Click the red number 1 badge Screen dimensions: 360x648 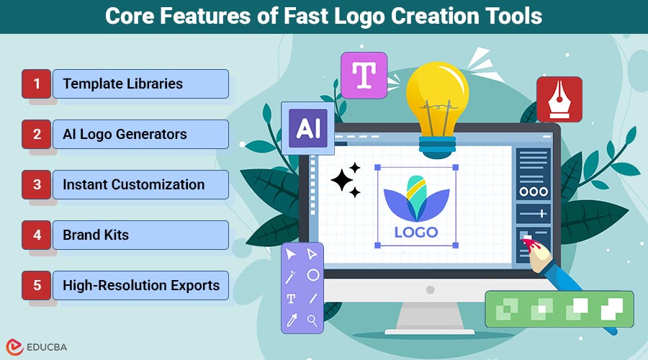37,84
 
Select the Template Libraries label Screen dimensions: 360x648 122,84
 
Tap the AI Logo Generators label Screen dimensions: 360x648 125,135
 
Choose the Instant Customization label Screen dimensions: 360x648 133,185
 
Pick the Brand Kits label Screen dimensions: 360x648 96,235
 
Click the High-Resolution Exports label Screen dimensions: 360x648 140,286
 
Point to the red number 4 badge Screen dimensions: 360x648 37,235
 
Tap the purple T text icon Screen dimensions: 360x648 364,74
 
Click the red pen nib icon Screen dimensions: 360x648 559,100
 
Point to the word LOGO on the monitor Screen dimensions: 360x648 416,233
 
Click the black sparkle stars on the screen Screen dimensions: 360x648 347,179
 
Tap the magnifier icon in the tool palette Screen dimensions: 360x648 312,320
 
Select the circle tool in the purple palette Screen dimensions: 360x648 312,275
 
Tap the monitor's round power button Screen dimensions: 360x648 430,289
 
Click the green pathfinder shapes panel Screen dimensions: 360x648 559,309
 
